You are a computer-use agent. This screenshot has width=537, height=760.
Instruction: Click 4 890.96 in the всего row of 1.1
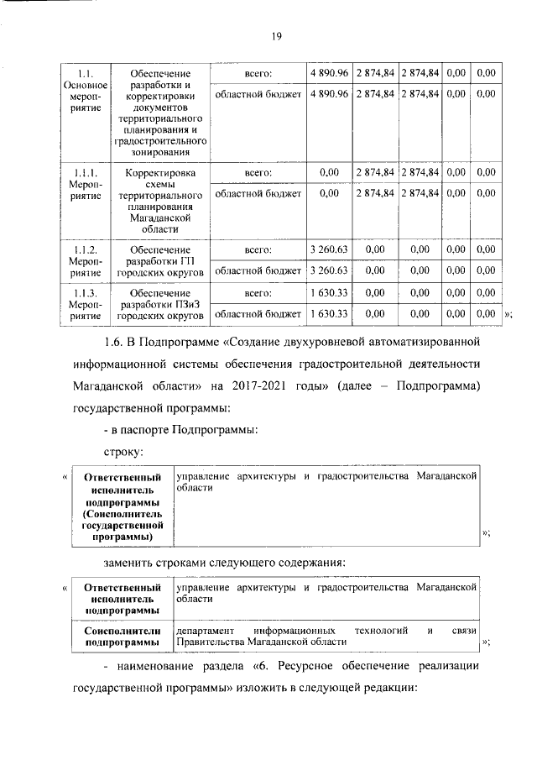coord(329,73)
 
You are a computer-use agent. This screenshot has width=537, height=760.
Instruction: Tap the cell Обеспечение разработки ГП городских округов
coord(160,261)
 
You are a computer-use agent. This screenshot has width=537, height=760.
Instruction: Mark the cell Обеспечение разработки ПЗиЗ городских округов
coord(160,304)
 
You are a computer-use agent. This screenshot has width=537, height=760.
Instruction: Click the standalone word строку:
coord(124,453)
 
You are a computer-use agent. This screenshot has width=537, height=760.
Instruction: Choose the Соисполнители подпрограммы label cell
coord(123,637)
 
